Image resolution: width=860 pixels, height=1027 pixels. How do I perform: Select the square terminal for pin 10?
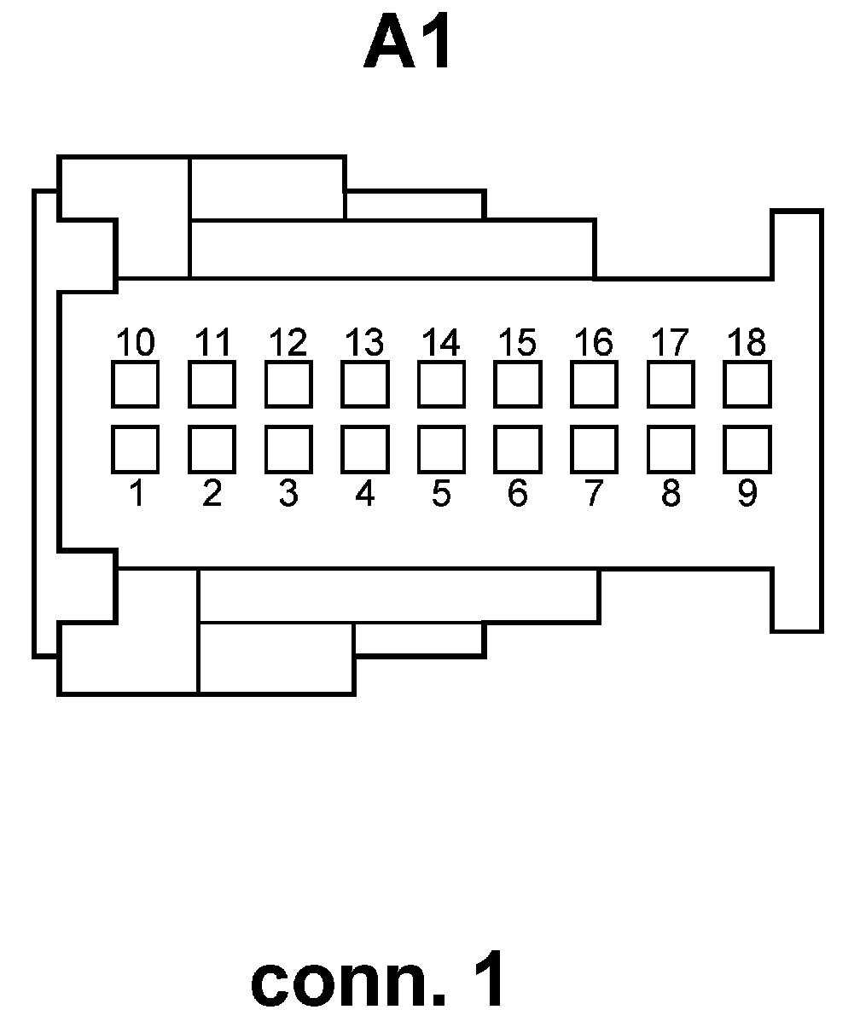[135, 384]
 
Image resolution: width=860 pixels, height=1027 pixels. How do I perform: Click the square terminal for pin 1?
[135, 449]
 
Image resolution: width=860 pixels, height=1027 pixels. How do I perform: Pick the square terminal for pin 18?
[747, 384]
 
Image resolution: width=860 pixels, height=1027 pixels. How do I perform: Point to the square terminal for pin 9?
[747, 449]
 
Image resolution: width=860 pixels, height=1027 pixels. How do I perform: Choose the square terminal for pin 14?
[441, 384]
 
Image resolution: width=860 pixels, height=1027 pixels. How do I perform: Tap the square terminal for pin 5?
[441, 449]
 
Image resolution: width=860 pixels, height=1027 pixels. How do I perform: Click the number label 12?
[288, 343]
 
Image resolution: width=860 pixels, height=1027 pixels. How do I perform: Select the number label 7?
[594, 494]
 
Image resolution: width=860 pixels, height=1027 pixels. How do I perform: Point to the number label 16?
[594, 343]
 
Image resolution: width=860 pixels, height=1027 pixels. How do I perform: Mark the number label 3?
[288, 494]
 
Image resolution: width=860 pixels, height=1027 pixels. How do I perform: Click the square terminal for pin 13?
[364, 384]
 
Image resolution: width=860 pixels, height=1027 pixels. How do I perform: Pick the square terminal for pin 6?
[517, 449]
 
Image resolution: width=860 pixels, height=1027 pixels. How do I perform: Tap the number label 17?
[670, 343]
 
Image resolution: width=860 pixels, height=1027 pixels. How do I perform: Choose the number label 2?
[212, 494]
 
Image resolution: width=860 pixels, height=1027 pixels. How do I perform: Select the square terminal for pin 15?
[517, 384]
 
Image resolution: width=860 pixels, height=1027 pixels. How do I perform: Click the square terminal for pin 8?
[670, 449]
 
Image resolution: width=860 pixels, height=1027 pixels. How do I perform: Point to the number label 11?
[212, 343]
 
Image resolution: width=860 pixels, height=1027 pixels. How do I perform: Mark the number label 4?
[364, 494]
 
